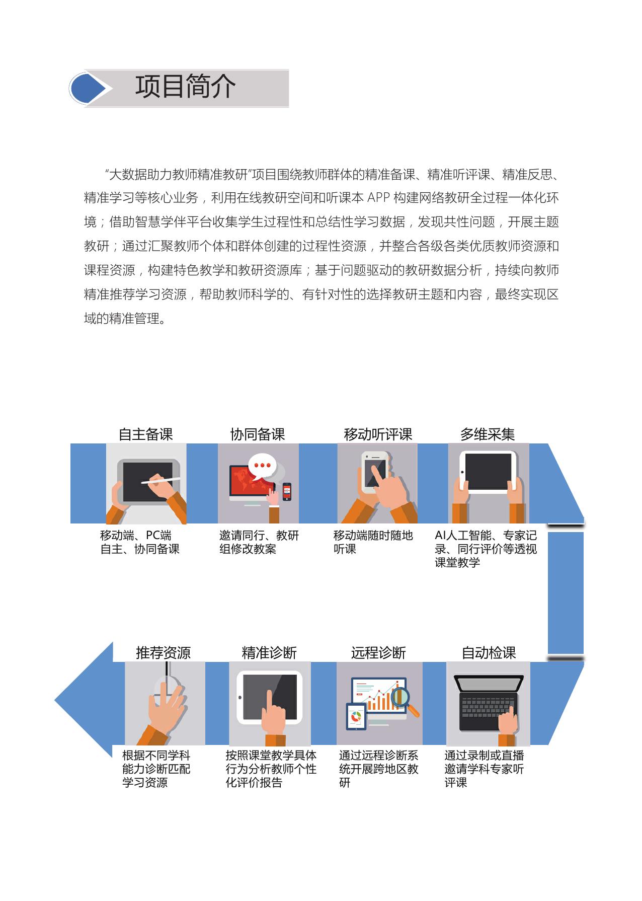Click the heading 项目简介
185,87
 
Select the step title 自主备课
146,434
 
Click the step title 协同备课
258,434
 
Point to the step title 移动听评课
378,434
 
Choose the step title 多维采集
488,434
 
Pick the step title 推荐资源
164,653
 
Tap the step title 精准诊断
269,653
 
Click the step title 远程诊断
378,653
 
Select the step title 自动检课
489,653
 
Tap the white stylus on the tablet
160,480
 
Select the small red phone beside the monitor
287,492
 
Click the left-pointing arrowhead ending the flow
84,700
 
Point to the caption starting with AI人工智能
486,549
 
